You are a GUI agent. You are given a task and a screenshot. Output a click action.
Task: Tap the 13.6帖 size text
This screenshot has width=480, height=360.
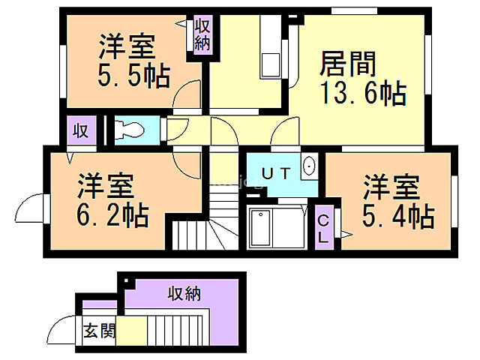click(x=363, y=94)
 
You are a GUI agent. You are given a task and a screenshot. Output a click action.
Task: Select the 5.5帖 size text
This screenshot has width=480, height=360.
click(x=133, y=76)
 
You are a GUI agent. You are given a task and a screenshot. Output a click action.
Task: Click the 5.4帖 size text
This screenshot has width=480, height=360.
click(x=398, y=217)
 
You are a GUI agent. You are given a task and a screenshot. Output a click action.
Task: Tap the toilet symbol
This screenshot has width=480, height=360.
click(x=130, y=130)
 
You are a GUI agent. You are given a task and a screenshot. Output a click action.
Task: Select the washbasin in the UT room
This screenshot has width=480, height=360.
click(x=308, y=166)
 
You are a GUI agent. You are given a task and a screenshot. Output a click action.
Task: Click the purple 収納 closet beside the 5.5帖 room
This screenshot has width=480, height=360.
click(x=202, y=34)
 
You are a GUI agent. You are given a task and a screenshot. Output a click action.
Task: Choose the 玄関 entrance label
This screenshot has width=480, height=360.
click(x=98, y=331)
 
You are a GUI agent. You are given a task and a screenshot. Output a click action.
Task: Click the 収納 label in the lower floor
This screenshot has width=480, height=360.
click(x=184, y=293)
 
